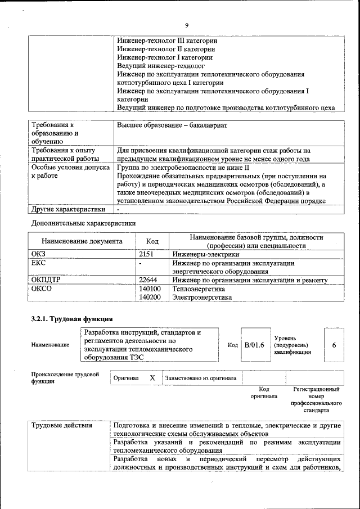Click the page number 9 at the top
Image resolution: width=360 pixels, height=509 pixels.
(186, 25)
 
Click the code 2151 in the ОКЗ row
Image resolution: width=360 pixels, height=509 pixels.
(146, 254)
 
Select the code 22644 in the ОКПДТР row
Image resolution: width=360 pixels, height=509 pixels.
(148, 280)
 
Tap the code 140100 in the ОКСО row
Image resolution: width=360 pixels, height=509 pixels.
(150, 289)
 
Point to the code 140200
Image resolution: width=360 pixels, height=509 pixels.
(150, 297)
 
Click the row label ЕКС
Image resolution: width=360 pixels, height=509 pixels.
(38, 263)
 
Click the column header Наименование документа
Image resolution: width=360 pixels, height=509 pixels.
(82, 241)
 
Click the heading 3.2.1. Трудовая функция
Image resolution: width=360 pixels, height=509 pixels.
(67, 319)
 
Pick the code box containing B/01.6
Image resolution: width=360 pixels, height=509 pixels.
(254, 344)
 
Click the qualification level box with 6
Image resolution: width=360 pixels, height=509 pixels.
(334, 344)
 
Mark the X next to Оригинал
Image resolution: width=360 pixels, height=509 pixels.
(152, 378)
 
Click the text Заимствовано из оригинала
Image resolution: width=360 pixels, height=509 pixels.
(201, 379)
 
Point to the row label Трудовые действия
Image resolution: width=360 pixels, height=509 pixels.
(62, 425)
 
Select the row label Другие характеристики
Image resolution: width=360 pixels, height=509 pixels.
(68, 209)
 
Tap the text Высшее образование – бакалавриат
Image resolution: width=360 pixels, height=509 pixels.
(172, 125)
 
